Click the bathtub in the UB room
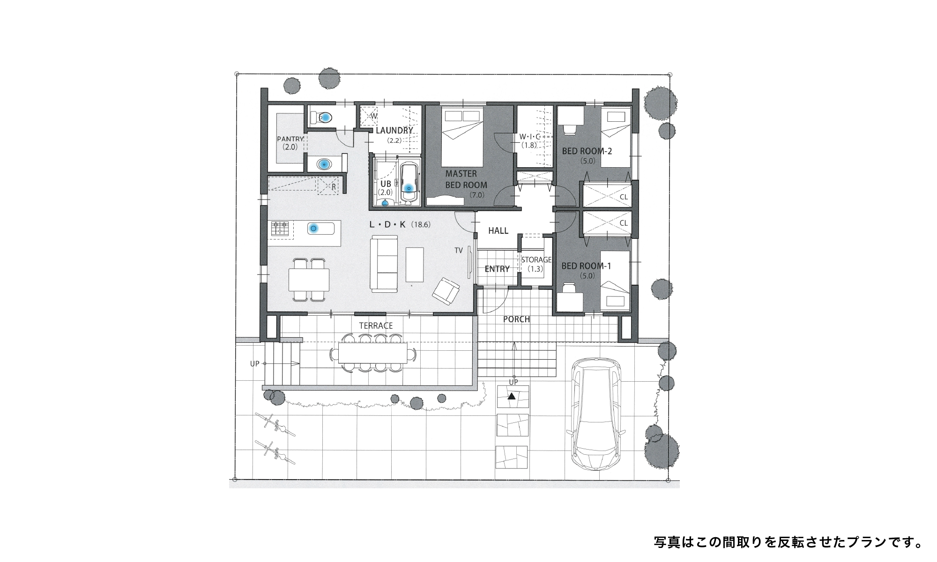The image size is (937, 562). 409,185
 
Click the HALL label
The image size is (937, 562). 498,231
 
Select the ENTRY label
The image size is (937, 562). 497,269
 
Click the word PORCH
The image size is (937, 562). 516,319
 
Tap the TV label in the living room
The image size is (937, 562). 458,251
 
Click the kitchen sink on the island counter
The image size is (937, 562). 321,229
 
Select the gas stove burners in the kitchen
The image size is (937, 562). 280,229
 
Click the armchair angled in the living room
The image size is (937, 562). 446,291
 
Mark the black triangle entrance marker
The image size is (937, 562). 512,396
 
